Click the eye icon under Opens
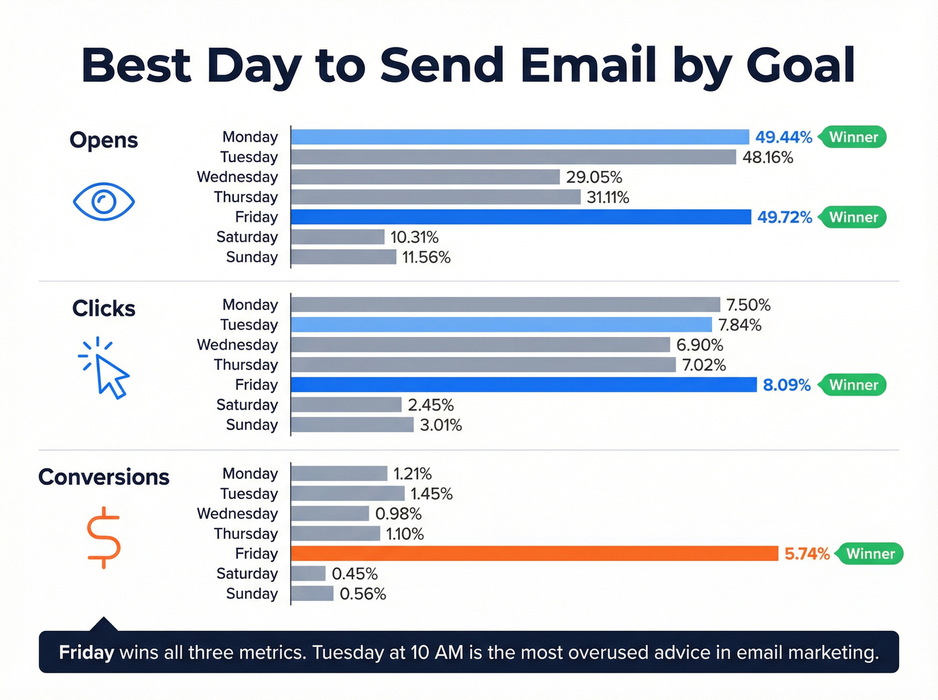104,201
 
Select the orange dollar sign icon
104,538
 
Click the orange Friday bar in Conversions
534,553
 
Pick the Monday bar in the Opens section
520,137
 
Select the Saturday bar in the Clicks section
346,405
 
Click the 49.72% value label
785,217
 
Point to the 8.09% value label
787,385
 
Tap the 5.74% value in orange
807,554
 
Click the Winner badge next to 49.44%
854,137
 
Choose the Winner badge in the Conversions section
870,554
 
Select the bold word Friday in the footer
86,652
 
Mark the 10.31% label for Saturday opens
414,237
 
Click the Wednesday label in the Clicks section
237,345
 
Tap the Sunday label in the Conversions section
252,593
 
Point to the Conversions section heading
104,477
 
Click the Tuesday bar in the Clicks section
501,325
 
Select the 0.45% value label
354,574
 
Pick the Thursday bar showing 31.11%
435,197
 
